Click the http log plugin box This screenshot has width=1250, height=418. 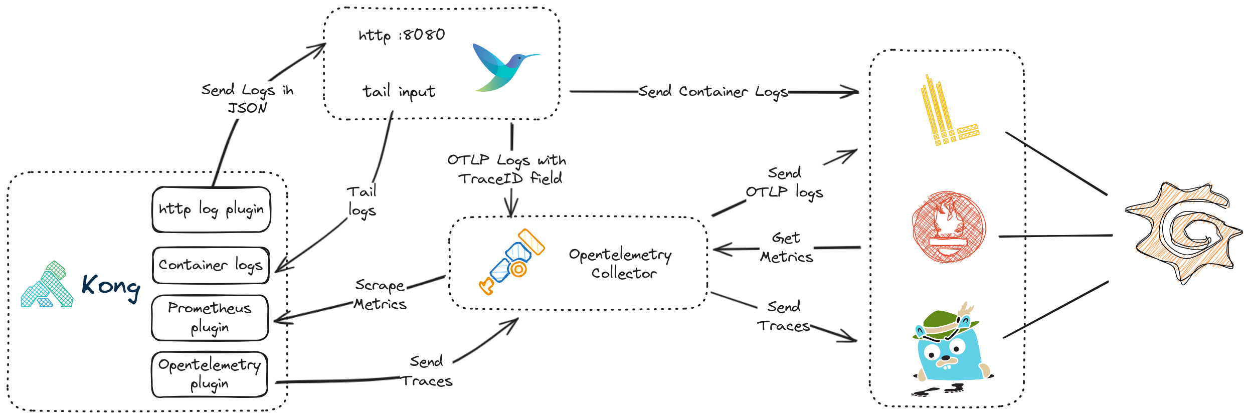click(211, 210)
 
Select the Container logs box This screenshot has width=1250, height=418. click(211, 265)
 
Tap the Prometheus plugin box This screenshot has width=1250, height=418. click(210, 318)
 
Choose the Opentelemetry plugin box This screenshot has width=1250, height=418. click(210, 374)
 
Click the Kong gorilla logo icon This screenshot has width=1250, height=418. click(47, 285)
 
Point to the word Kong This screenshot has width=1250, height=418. click(111, 287)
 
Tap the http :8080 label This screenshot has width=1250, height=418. click(402, 35)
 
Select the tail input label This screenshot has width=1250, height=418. click(399, 92)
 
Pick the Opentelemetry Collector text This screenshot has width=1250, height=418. click(621, 264)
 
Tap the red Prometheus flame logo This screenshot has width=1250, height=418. click(949, 227)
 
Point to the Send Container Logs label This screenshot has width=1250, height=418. click(713, 92)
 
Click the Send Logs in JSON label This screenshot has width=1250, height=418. click(247, 99)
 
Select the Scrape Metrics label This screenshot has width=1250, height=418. click(380, 295)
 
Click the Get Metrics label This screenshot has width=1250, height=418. click(786, 248)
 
